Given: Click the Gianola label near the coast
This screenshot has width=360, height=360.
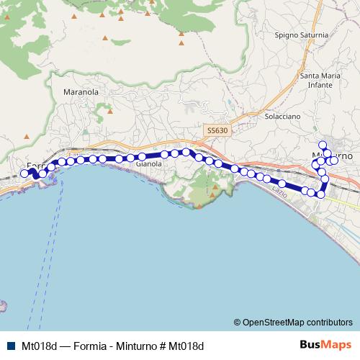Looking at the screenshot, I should pos(148,164).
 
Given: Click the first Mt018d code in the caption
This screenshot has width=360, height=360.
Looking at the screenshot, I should pos(40,346).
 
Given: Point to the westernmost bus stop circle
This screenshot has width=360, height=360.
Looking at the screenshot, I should pos(25,173).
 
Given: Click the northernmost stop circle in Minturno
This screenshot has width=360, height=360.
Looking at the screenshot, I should pos(323,145).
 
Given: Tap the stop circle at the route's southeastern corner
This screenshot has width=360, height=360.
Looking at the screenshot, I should pos(321,194).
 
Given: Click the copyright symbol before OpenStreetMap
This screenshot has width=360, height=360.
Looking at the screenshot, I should pos(238,323).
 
